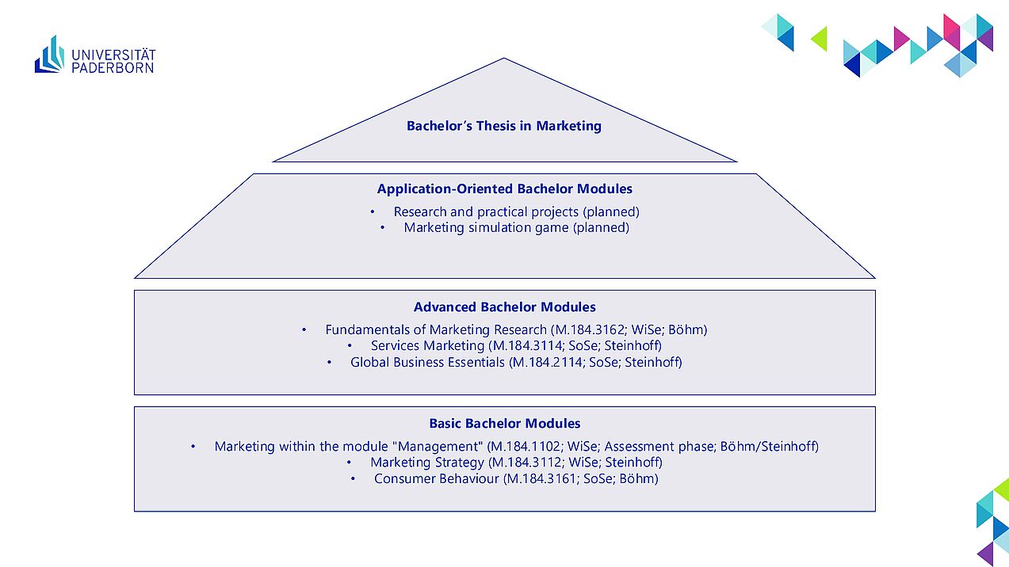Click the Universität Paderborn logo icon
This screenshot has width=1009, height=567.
(50, 55)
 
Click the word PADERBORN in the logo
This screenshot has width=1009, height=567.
(113, 68)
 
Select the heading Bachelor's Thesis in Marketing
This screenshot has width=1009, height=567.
(504, 126)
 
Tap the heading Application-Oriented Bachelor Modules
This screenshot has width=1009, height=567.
(504, 189)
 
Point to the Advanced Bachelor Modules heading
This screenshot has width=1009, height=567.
(504, 307)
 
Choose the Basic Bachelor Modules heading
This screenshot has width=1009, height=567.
(504, 424)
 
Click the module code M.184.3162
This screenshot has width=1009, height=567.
(590, 330)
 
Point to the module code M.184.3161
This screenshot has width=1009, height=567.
(542, 479)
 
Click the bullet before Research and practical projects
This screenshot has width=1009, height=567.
(373, 212)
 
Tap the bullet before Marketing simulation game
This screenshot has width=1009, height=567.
(382, 228)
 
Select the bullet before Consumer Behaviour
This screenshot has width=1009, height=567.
(353, 479)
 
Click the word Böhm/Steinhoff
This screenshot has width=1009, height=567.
(770, 447)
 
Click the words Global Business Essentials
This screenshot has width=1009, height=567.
(427, 362)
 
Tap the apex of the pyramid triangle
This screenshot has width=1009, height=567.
(504, 58)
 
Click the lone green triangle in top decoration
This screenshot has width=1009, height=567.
(820, 39)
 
